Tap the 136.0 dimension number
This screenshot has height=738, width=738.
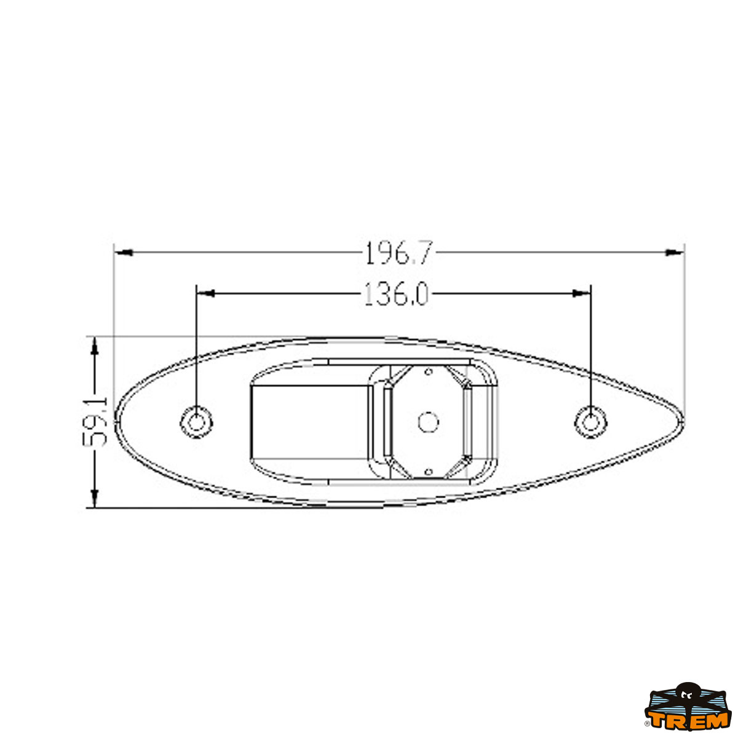(x=396, y=294)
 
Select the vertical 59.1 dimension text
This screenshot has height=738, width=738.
(x=95, y=423)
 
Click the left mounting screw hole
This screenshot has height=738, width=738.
(x=196, y=423)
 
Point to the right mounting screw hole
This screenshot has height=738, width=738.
(x=591, y=423)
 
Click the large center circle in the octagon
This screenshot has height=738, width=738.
(x=429, y=423)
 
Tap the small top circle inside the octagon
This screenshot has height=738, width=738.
(x=429, y=372)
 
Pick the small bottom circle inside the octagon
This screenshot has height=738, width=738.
(x=429, y=472)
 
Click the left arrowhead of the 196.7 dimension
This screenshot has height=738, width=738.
(x=124, y=253)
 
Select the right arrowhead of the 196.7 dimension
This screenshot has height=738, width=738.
(x=675, y=252)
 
